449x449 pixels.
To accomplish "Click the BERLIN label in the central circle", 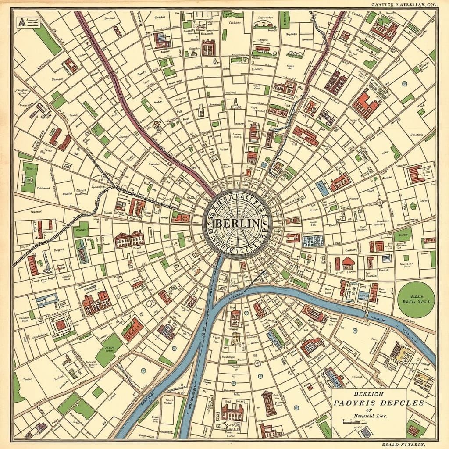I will click(x=237, y=223).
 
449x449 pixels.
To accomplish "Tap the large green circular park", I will click(x=416, y=299).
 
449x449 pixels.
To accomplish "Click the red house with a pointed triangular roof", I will click(x=348, y=263).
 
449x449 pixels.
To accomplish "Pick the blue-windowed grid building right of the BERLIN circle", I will click(x=313, y=240).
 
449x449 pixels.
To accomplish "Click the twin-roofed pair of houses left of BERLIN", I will click(x=129, y=239).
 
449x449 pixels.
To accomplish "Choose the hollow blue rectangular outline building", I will click(x=47, y=299).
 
